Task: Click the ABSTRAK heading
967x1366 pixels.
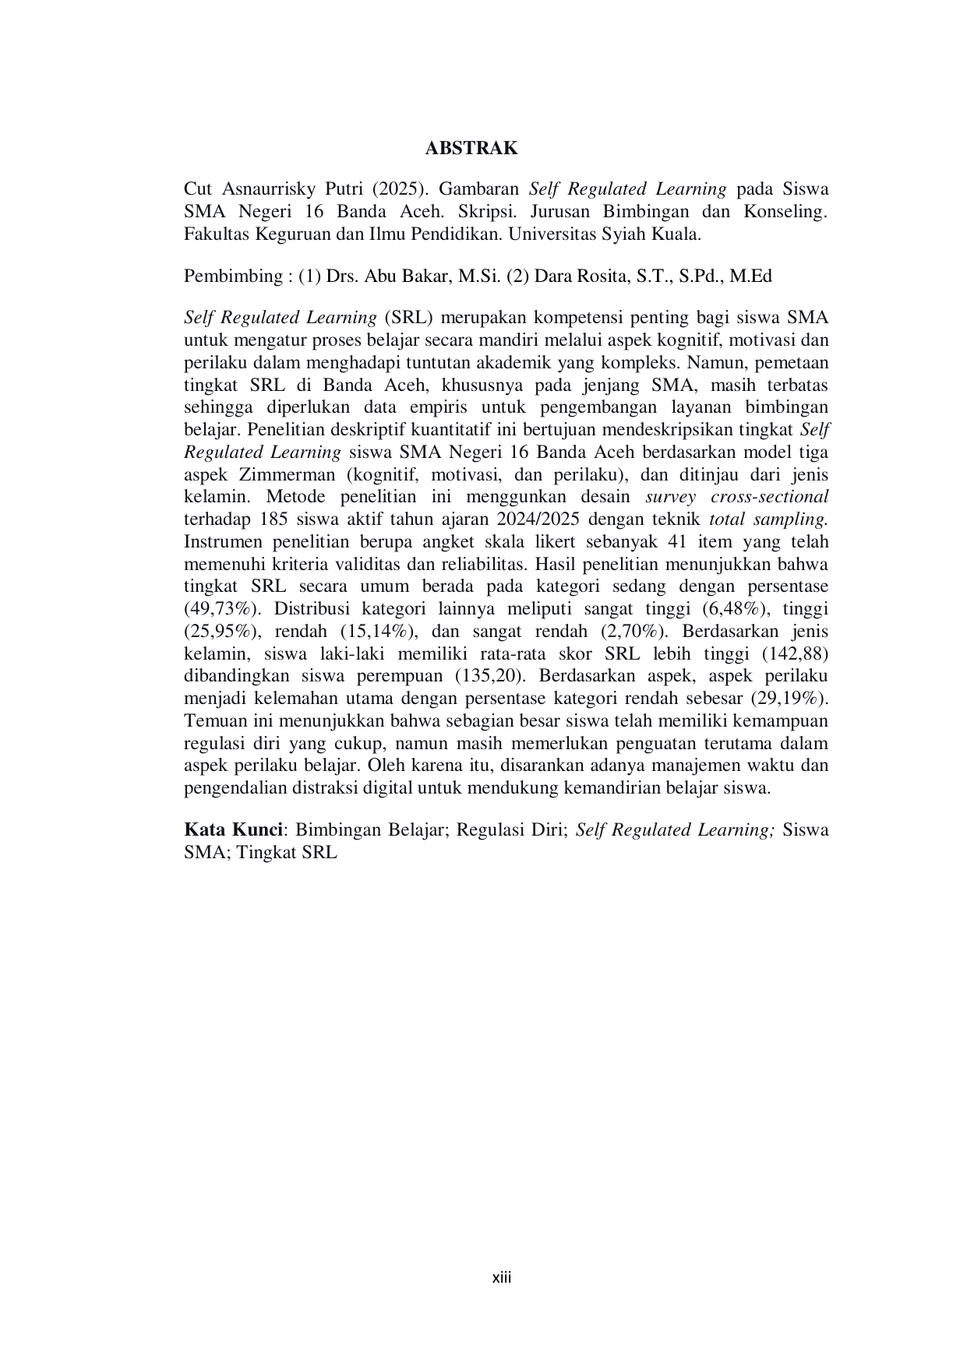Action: pyautogui.click(x=471, y=148)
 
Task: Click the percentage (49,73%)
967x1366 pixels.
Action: pyautogui.click(x=221, y=609)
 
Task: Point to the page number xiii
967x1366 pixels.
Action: pyautogui.click(x=502, y=1278)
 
